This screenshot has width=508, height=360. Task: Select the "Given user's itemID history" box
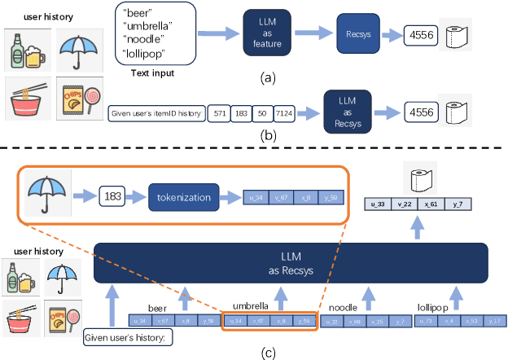click(156, 114)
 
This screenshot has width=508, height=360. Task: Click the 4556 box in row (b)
click(414, 113)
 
